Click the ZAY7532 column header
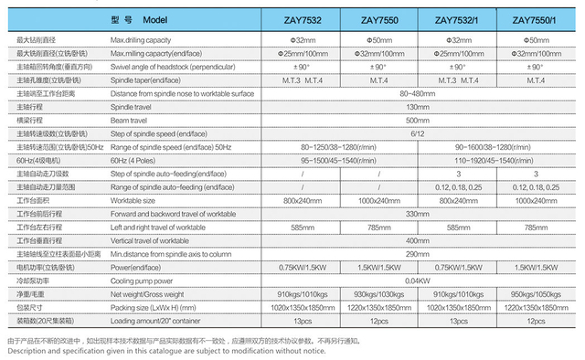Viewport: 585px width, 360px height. (x=299, y=20)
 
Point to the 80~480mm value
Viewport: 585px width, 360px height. (x=417, y=93)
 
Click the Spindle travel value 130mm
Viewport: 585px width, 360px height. (x=417, y=107)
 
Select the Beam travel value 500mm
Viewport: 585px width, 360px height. (x=417, y=120)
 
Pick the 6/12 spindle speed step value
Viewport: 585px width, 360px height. (x=417, y=133)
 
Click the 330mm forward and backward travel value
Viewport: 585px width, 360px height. (x=417, y=213)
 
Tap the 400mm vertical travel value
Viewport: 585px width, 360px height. (x=417, y=239)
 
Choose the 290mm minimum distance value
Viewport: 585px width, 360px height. (x=417, y=253)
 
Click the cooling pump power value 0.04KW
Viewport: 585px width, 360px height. (x=417, y=280)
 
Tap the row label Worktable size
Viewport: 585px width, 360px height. (x=135, y=200)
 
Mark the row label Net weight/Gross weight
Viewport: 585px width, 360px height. (x=152, y=293)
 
